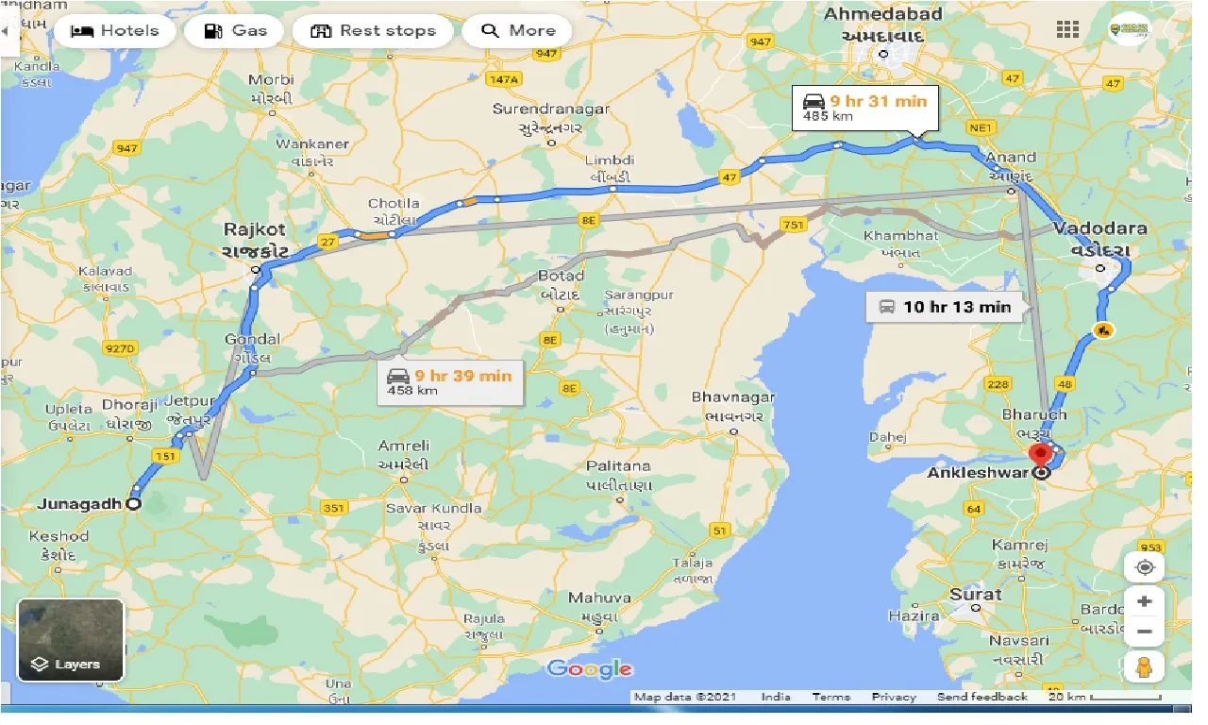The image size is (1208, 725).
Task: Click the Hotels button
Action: tap(115, 30)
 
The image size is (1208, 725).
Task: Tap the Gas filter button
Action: tap(235, 30)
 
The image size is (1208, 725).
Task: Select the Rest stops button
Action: tap(374, 30)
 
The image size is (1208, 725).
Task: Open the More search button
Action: tap(517, 30)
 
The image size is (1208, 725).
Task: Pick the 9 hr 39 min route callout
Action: tap(450, 382)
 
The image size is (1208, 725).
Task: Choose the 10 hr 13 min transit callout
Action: tap(945, 307)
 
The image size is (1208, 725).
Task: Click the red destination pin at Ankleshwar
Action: tap(1041, 455)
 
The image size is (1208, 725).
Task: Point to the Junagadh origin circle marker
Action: tap(134, 504)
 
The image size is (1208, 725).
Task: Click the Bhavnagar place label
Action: tap(732, 397)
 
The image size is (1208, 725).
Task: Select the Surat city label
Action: tap(976, 595)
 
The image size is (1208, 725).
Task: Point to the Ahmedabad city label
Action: tap(883, 15)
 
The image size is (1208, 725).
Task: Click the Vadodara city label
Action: tap(1100, 228)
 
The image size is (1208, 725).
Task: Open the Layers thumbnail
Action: tap(71, 640)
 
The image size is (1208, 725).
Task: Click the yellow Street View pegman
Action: tap(1144, 666)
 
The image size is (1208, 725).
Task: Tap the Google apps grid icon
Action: tap(1068, 29)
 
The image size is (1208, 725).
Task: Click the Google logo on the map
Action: tap(589, 669)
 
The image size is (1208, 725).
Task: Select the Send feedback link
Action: tap(981, 697)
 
